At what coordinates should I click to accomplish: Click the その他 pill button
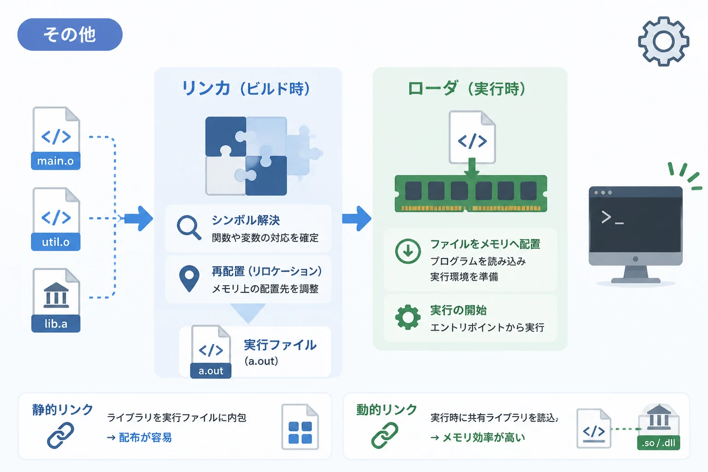70,35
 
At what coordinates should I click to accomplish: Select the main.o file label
56,161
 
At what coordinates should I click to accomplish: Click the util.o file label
56,242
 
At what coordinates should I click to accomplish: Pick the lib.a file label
56,324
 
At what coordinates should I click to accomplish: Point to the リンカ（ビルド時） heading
246,88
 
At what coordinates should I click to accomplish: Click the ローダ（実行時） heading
467,88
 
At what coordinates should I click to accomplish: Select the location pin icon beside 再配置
189,278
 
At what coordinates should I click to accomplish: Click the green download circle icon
408,251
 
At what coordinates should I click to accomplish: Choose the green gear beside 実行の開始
408,318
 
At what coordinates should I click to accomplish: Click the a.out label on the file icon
211,371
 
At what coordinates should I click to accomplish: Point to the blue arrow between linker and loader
357,218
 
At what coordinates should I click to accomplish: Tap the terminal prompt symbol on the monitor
612,218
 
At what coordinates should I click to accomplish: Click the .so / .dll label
658,442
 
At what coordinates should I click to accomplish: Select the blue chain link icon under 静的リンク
60,435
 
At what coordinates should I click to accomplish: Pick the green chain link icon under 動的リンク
385,435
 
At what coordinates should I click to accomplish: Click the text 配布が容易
145,437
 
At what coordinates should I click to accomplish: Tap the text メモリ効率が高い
484,437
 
